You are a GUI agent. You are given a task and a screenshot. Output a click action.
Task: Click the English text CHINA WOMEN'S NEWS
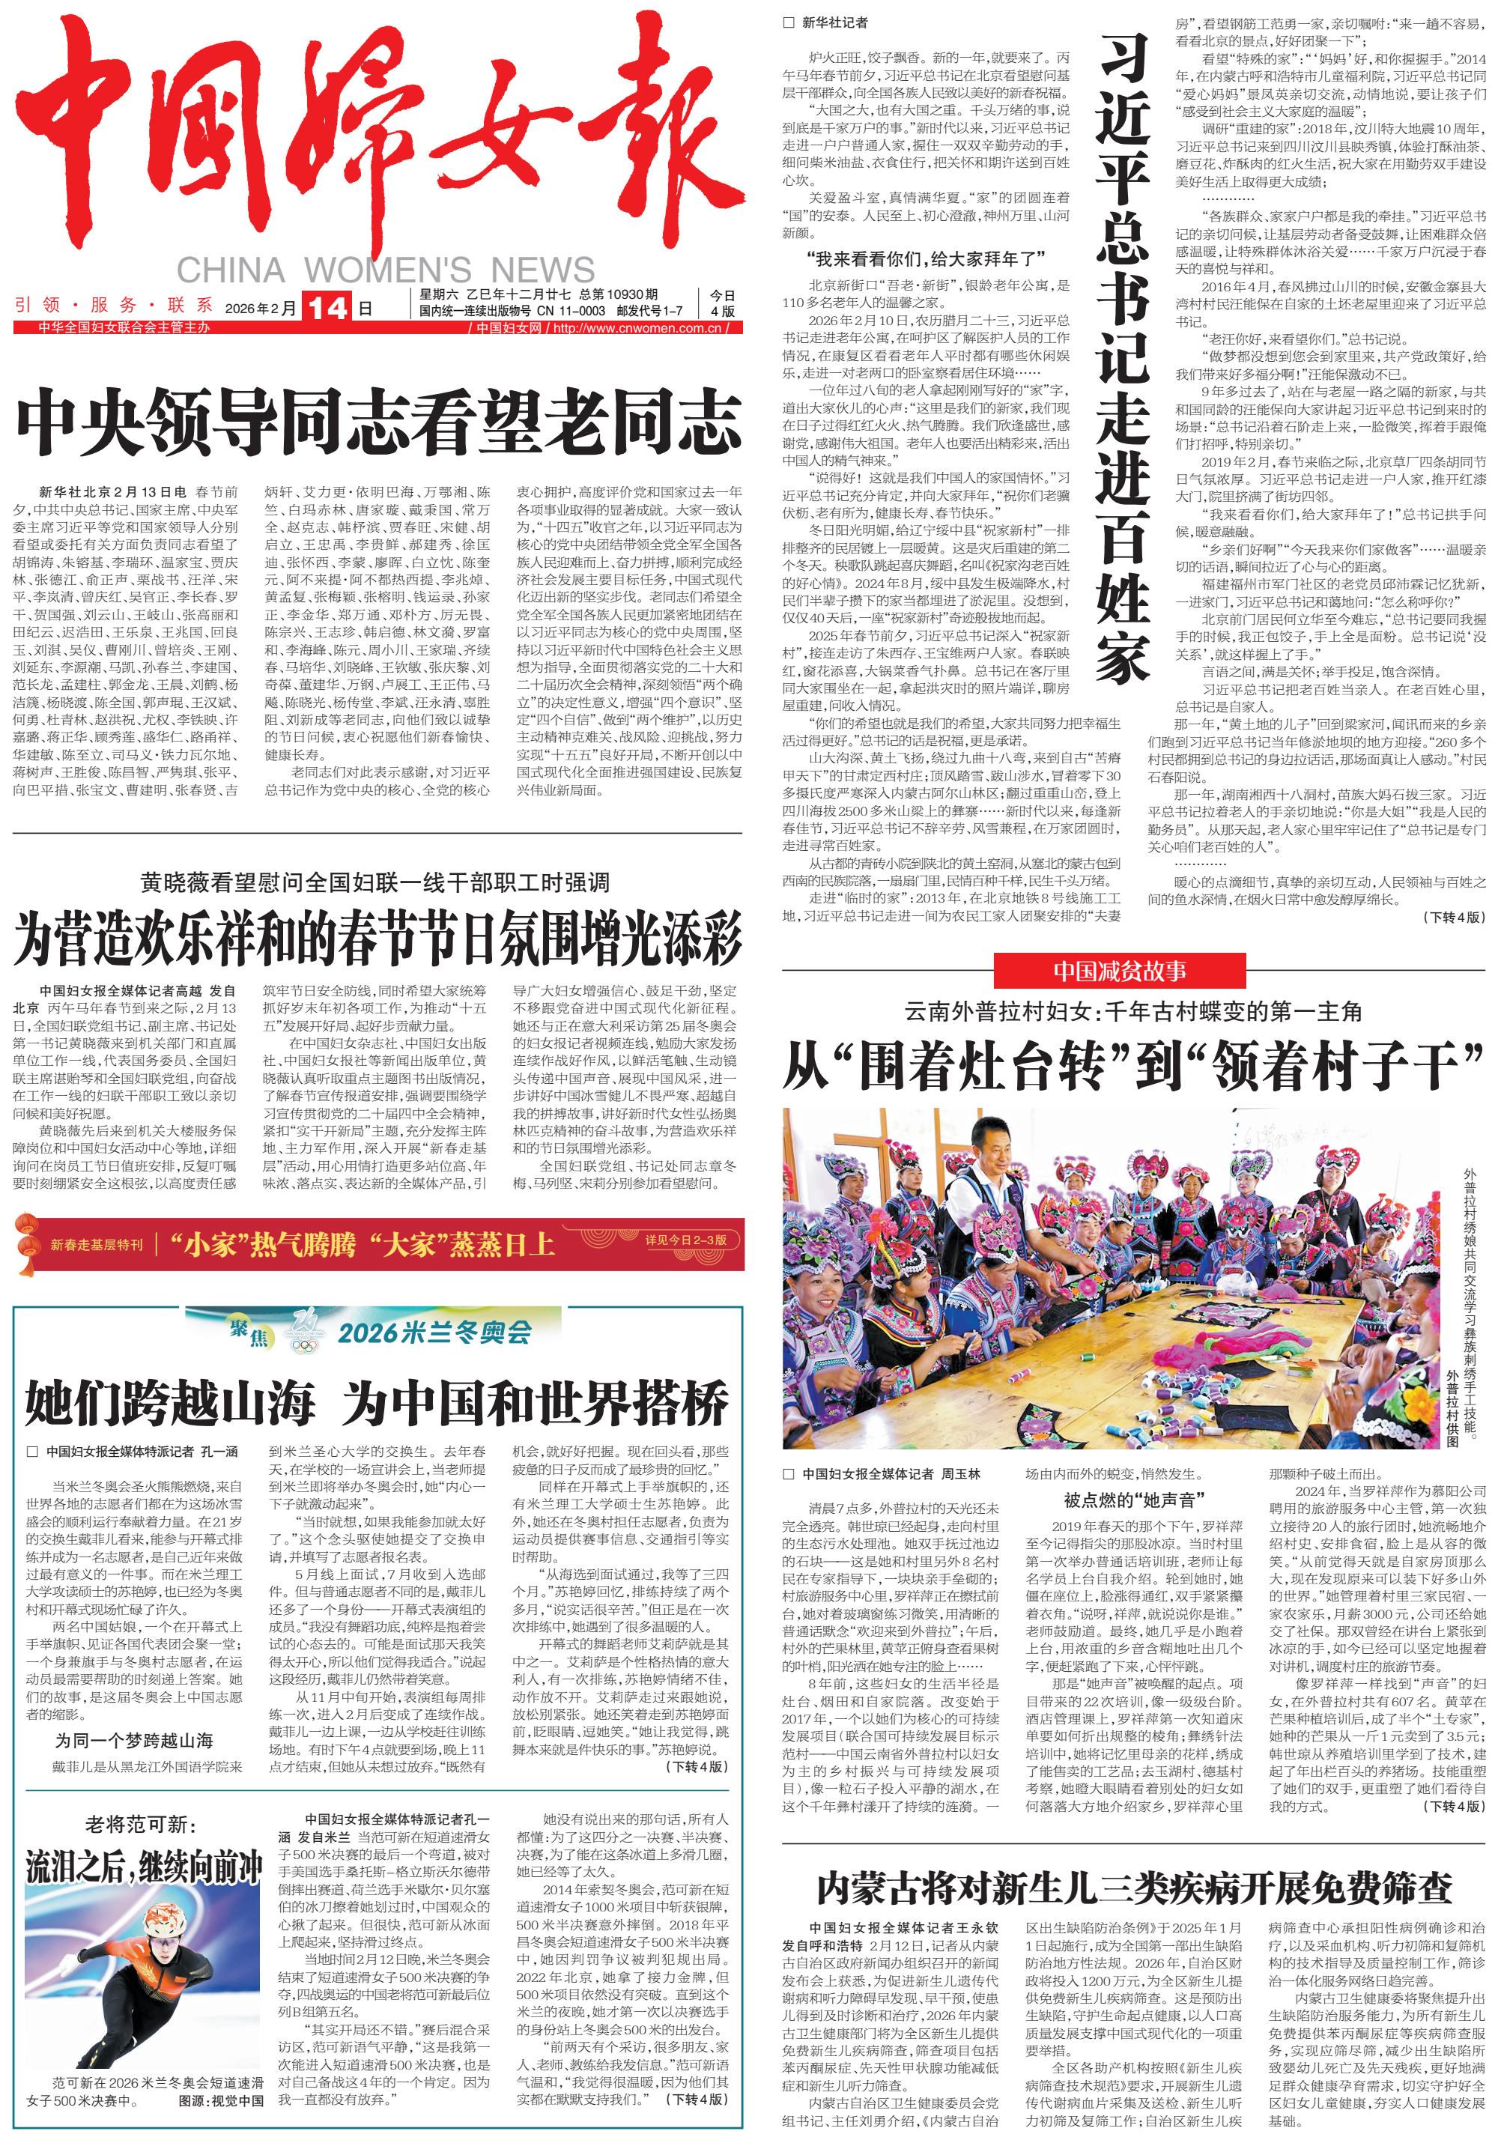385,270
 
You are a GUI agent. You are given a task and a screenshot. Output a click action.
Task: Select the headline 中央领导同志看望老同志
378,424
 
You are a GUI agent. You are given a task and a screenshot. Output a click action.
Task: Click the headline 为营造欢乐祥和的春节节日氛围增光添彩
377,939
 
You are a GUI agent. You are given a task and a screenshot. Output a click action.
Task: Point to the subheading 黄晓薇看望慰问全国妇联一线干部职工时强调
374,882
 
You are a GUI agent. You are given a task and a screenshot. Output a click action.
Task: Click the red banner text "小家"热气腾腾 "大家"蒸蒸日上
362,1243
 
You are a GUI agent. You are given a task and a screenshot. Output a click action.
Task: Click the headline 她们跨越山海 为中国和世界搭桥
377,1404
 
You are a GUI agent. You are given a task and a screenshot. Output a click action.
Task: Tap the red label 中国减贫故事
1120,972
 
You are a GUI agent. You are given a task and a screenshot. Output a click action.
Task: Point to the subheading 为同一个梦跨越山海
133,1740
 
